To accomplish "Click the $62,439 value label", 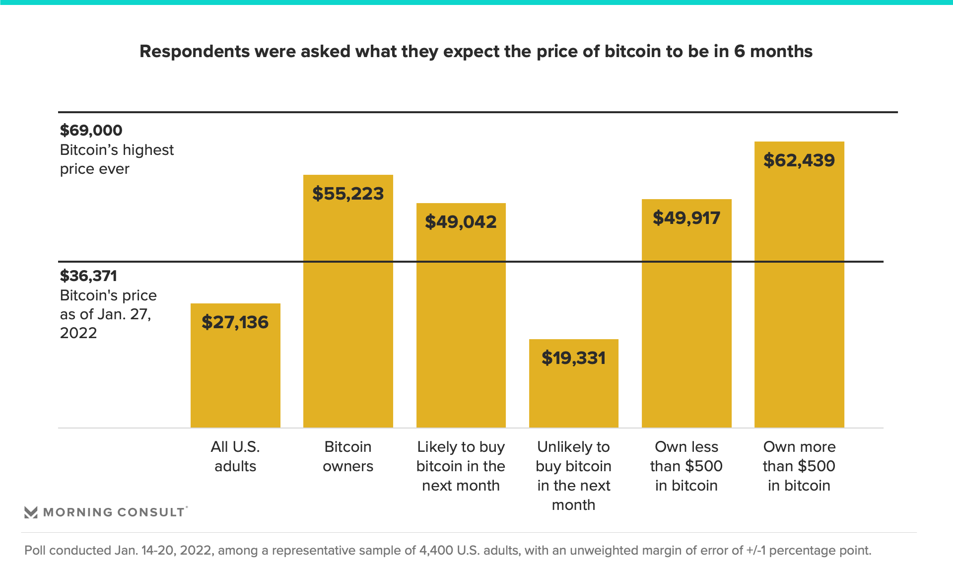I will coord(799,160).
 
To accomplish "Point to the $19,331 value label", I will coord(573,358).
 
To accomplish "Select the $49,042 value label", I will coord(461,222).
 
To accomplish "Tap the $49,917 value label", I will coord(686,218).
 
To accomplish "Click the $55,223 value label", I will coord(348,194).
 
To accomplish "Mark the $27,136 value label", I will coord(235,322).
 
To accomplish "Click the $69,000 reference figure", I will coord(91,130).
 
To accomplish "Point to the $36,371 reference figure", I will coord(88,276).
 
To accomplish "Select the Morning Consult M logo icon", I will coord(31,512).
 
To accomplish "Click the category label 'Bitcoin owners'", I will coord(348,456).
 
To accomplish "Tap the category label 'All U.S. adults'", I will coord(235,456).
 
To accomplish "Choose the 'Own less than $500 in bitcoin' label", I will coord(686,466).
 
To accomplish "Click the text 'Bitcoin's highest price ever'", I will coord(117,159).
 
